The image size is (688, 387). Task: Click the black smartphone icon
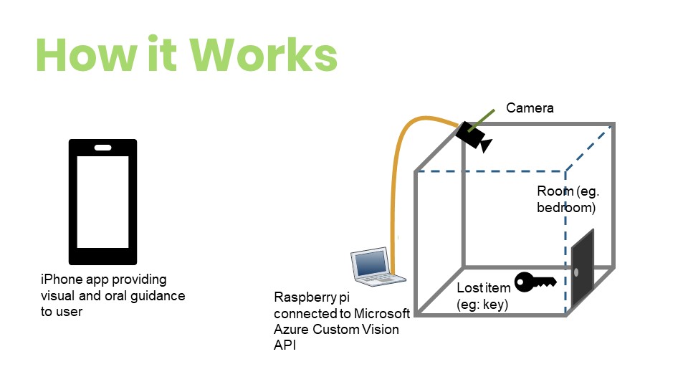(102, 202)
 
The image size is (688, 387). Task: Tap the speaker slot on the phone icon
(102, 148)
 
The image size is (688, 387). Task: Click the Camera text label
(530, 108)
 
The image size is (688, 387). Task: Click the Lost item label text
(484, 289)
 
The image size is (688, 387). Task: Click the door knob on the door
(577, 272)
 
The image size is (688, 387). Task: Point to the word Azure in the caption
(290, 329)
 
